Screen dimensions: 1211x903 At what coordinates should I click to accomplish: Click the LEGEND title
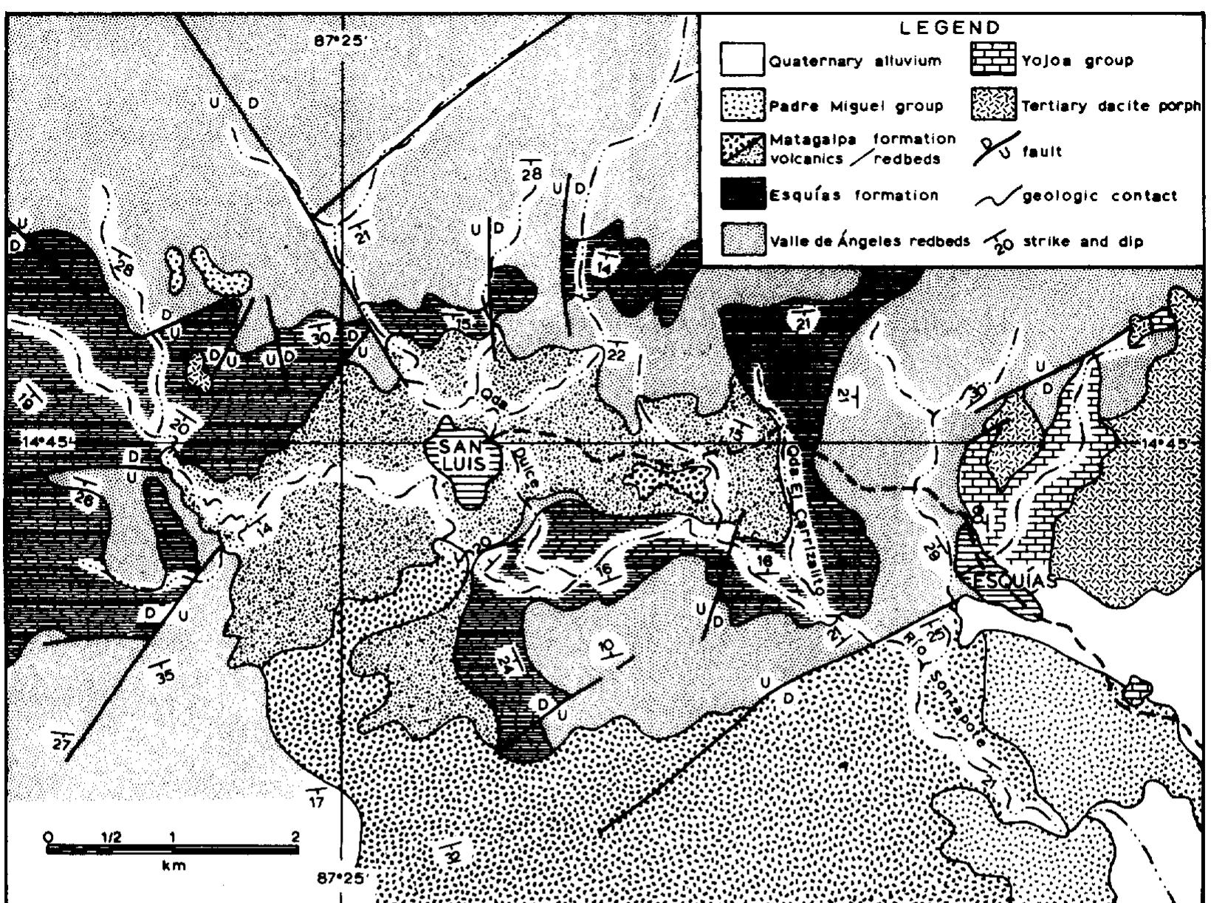(949, 28)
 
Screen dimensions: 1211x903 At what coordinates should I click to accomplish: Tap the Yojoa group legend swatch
(992, 61)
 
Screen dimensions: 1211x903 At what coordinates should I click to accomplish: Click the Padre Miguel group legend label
(856, 106)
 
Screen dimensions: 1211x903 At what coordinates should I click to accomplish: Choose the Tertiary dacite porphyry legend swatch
(992, 106)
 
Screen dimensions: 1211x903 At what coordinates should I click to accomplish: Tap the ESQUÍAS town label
(1009, 582)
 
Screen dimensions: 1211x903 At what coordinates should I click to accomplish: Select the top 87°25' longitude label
(340, 41)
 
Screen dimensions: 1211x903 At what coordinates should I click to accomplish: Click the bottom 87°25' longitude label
(340, 879)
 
